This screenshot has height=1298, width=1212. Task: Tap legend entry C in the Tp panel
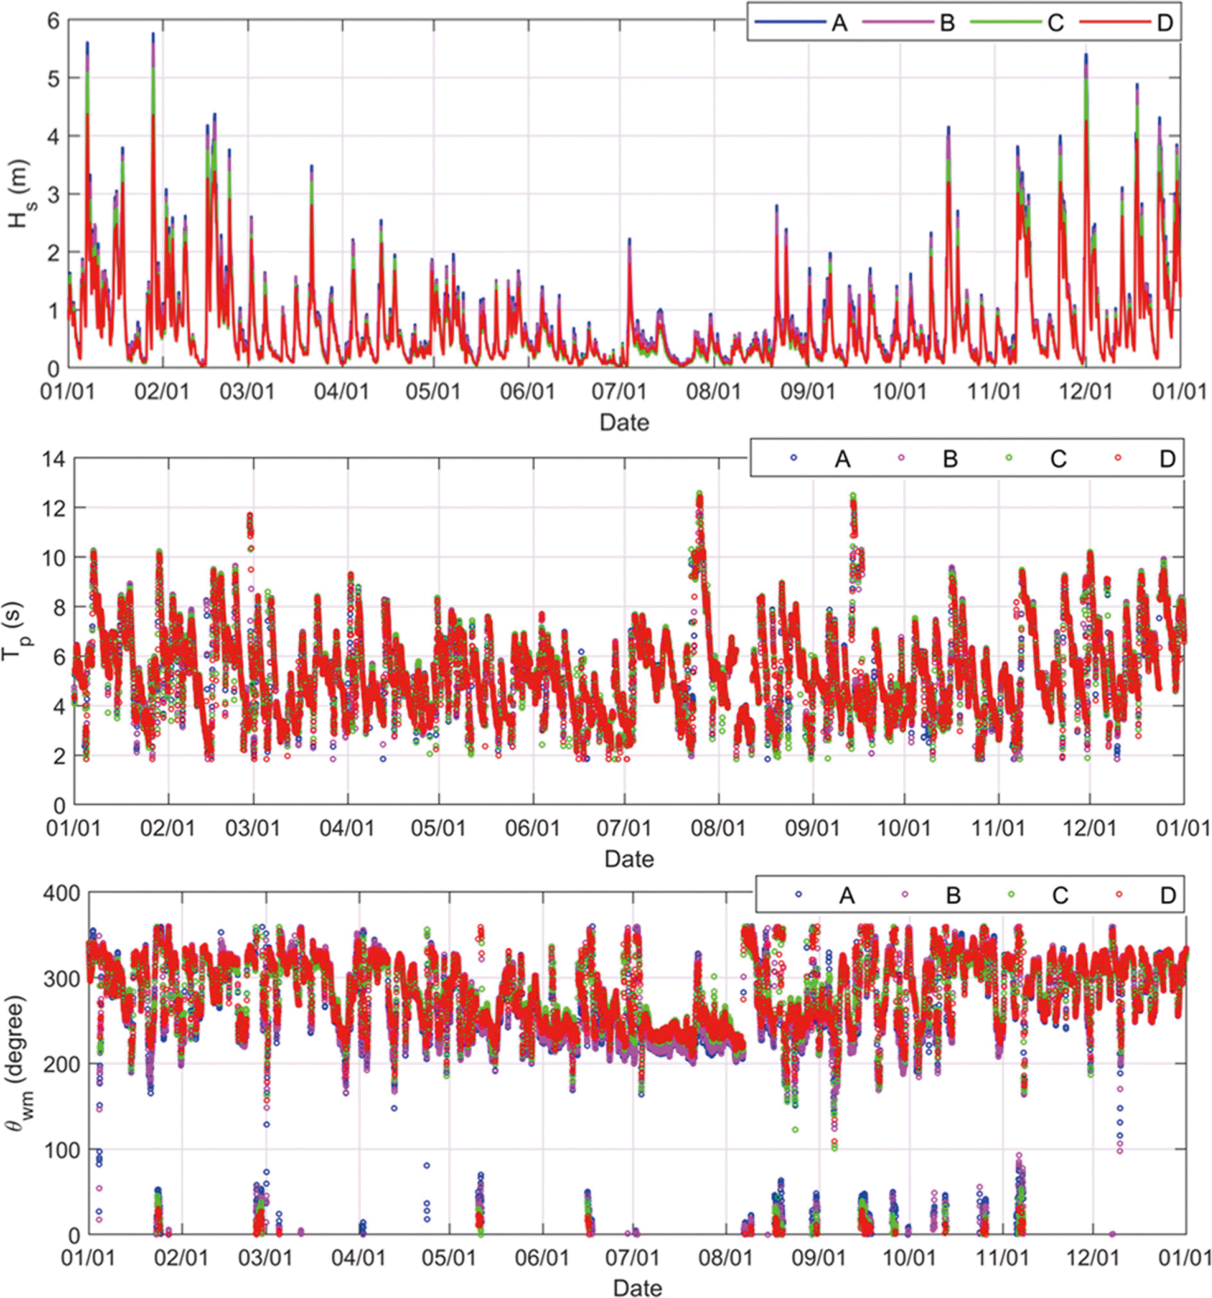pyautogui.click(x=1057, y=459)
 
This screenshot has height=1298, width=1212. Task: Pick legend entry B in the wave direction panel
pyautogui.click(x=953, y=895)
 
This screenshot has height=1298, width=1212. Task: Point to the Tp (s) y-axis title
pyautogui.click(x=14, y=632)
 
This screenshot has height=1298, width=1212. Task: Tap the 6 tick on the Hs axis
pyautogui.click(x=53, y=21)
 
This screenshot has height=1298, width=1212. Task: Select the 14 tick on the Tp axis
pyautogui.click(x=54, y=458)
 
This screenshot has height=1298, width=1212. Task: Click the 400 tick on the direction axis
pyautogui.click(x=61, y=893)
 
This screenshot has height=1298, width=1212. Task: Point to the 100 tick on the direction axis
pyautogui.click(x=61, y=1149)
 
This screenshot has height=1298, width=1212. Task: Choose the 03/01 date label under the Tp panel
pyautogui.click(x=252, y=828)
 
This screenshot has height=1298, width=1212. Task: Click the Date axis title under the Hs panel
pyautogui.click(x=625, y=423)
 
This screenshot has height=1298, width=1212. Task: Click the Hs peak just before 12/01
pyautogui.click(x=1086, y=55)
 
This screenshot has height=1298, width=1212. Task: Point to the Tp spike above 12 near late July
pyautogui.click(x=699, y=494)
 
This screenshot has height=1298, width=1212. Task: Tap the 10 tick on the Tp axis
pyautogui.click(x=54, y=558)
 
